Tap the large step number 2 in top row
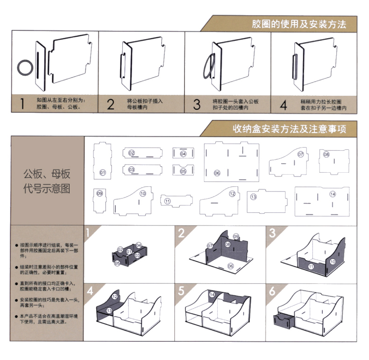click(x=110, y=104)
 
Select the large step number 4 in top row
click(x=284, y=104)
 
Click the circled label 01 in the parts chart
click(x=102, y=173)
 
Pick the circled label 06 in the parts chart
click(x=217, y=173)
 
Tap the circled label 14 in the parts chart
click(x=333, y=194)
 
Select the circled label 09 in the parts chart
click(x=99, y=193)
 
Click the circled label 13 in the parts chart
click(x=253, y=197)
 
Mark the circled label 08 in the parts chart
click(x=326, y=155)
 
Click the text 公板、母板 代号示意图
click(x=47, y=182)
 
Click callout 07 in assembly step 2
click(x=210, y=246)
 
